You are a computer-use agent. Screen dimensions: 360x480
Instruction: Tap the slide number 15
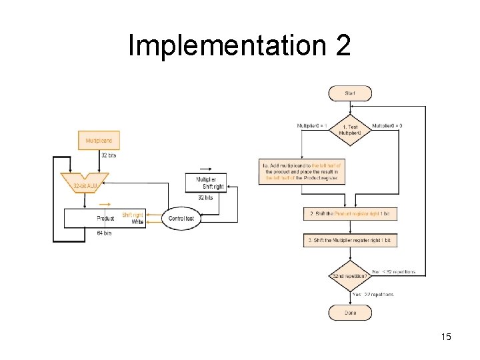tap(446, 337)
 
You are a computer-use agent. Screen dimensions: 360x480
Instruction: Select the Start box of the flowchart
tap(350, 93)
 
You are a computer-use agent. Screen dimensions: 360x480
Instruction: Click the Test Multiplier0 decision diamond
tap(350, 129)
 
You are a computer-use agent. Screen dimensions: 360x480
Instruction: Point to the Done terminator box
tap(350, 313)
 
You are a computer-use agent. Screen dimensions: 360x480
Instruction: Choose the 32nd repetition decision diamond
tap(350, 275)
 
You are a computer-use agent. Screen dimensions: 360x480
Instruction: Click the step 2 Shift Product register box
tap(350, 213)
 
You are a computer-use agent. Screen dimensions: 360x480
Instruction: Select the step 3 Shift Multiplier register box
tap(350, 240)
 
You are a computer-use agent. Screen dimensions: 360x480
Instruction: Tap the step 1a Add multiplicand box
tap(303, 171)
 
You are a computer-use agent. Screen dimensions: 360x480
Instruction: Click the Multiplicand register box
tap(99, 141)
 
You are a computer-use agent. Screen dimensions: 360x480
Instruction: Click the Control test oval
tap(181, 218)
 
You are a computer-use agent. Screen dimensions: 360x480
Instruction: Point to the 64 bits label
tap(104, 233)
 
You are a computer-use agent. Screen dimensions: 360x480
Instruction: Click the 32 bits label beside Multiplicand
tap(108, 155)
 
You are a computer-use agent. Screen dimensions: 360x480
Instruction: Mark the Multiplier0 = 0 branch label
tap(387, 125)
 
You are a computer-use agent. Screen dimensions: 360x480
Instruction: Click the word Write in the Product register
tap(137, 222)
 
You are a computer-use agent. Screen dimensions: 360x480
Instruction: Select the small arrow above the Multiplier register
tap(206, 169)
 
